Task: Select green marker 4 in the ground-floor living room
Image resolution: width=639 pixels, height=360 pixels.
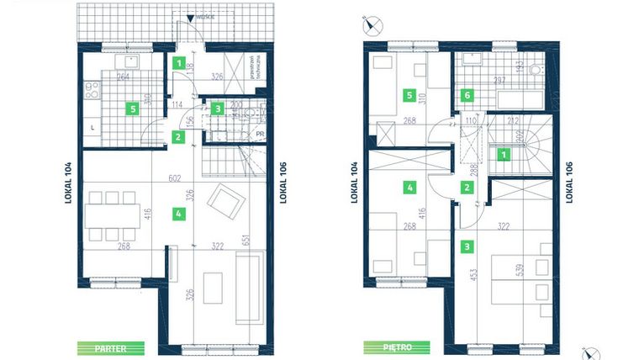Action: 178,214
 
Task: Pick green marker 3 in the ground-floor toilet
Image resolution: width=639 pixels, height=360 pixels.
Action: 217,108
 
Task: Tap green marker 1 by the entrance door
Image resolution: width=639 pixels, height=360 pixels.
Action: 178,62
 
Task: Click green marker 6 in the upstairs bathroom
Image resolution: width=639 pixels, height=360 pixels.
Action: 468,96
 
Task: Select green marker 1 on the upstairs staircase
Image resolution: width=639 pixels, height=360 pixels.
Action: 503,154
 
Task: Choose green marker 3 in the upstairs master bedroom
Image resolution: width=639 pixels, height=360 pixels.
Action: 467,247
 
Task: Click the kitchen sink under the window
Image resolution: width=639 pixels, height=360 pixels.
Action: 130,62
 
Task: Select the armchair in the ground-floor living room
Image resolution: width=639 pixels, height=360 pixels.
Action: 224,200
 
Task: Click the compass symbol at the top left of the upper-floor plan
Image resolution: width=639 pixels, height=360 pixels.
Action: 372,24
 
